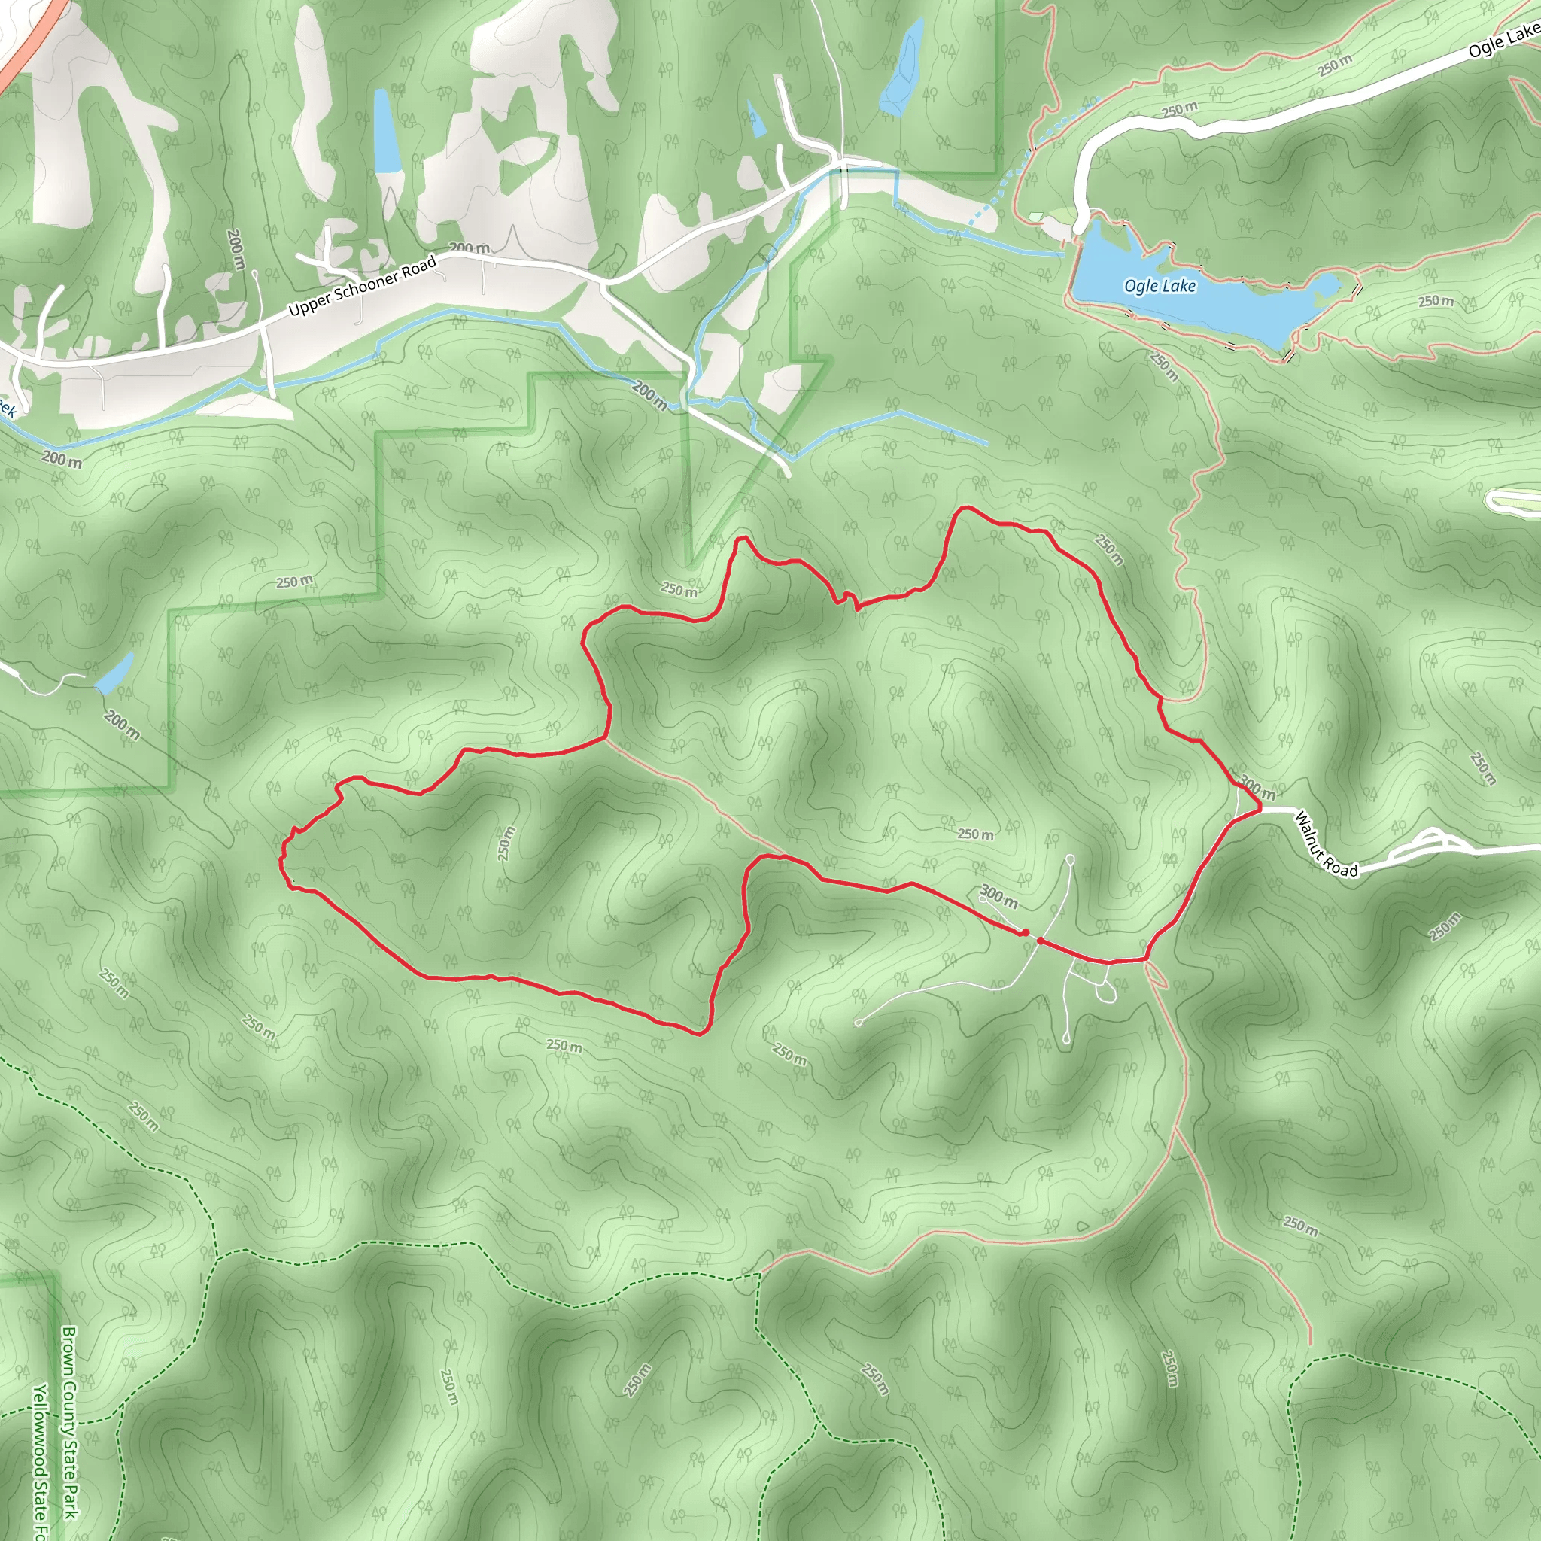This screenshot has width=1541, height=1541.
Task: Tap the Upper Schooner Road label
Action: pos(362,284)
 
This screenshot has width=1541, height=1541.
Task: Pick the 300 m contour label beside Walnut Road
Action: pos(1257,787)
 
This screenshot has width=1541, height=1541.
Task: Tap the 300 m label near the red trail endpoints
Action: pos(998,895)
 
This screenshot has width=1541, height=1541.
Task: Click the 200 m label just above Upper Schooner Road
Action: pos(469,248)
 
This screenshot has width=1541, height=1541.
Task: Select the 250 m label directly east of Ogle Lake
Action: pos(1436,301)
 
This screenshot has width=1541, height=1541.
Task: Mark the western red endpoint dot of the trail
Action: pos(1024,932)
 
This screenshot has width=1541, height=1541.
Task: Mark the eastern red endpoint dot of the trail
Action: pos(1041,941)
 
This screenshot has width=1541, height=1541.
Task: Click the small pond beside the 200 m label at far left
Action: pos(115,674)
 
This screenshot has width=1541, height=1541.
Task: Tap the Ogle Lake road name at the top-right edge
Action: pos(1503,40)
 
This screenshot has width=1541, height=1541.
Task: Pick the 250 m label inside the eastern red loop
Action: pos(975,834)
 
